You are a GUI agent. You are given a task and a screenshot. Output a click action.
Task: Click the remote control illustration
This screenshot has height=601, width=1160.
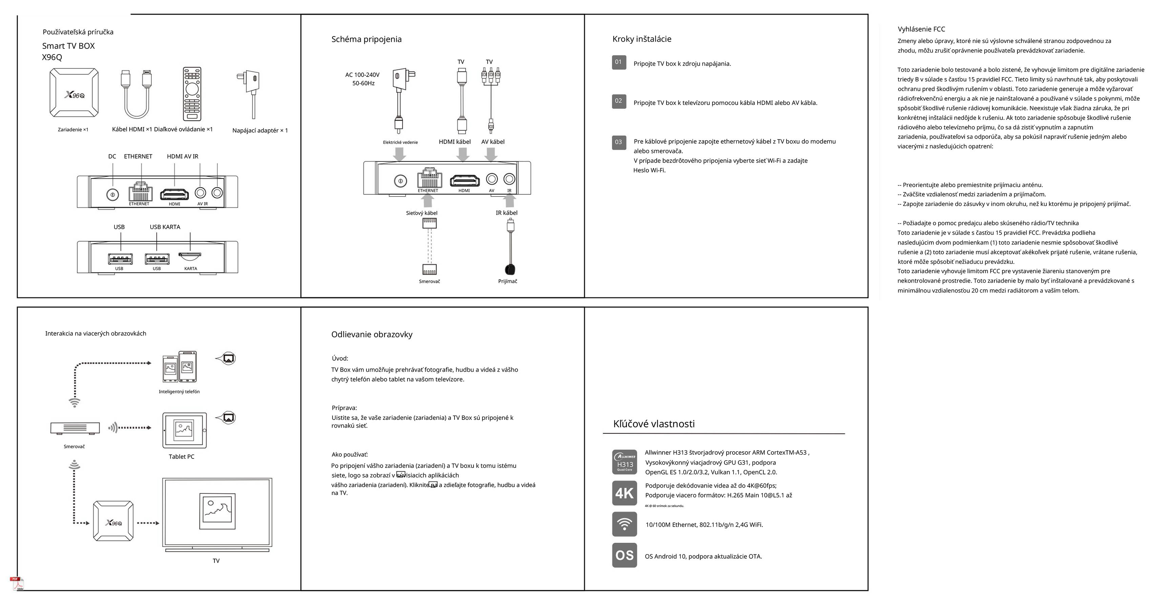192,94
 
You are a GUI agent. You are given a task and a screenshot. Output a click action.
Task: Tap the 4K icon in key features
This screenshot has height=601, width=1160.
624,493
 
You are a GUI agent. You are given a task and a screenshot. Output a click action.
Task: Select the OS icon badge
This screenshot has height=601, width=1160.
624,555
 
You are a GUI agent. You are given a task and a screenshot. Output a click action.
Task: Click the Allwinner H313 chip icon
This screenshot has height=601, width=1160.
624,462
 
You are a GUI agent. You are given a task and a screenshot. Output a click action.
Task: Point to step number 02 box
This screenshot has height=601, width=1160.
619,101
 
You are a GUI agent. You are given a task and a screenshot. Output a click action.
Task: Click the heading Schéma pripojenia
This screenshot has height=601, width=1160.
366,39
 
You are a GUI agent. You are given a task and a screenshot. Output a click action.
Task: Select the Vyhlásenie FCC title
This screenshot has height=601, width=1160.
921,29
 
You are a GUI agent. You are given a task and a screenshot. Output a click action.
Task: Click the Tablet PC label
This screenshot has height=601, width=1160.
182,456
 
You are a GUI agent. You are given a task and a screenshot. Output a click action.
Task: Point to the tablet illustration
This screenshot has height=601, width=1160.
185,430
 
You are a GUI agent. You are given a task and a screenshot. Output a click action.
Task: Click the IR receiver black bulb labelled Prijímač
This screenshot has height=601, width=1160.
510,269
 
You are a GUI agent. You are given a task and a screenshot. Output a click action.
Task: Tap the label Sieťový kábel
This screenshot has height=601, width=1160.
421,213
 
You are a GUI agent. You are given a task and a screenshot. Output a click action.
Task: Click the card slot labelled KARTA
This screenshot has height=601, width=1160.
190,257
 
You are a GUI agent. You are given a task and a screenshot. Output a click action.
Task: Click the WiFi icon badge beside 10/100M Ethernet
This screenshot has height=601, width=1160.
624,524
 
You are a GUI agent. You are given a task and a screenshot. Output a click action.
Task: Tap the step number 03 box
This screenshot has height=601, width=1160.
619,142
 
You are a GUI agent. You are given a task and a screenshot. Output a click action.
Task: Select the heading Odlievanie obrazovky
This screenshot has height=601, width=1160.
372,335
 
